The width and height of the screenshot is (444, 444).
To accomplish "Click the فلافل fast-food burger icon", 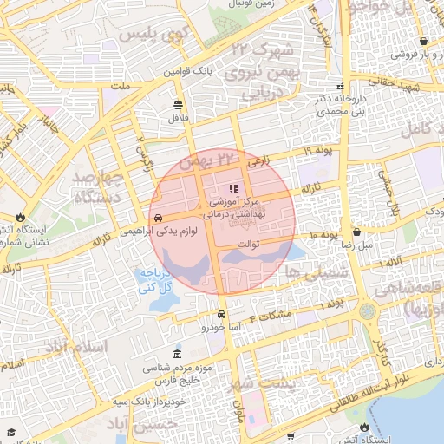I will coord(178,104).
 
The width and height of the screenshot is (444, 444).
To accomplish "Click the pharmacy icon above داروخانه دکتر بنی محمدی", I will coord(340,86).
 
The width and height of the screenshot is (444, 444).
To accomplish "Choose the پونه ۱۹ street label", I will coord(318,151).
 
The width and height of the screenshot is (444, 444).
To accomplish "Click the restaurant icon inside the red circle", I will coord(232,188).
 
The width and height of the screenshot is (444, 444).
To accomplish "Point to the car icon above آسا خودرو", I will coord(222,314).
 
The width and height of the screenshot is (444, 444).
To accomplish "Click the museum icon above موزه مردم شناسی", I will coord(178,356).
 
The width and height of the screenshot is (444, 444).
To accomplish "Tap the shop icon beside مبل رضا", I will coord(356,232).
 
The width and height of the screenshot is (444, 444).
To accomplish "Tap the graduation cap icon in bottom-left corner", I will coord(11,432).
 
